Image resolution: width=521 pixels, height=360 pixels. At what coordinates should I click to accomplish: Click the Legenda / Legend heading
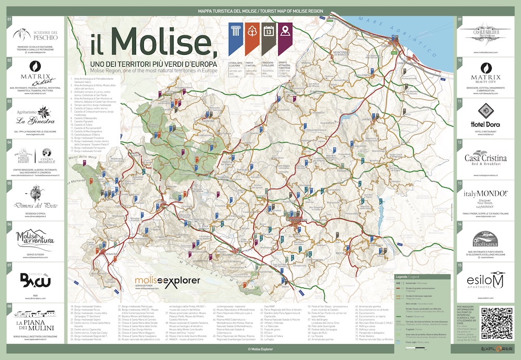[407, 277]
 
